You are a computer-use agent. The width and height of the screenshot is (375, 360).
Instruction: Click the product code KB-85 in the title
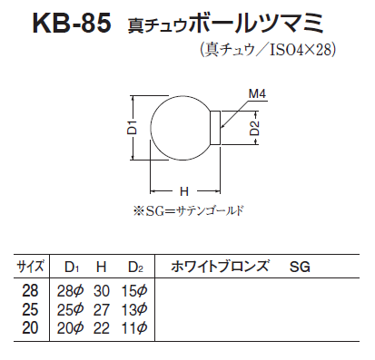pos(72,24)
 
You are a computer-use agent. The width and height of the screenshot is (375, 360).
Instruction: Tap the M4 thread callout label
pos(257,93)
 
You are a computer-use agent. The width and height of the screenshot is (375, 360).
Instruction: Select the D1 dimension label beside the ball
pos(133,127)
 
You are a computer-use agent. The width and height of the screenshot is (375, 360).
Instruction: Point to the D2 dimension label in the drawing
pos(254,128)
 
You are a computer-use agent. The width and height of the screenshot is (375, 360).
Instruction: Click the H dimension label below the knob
pos(184,191)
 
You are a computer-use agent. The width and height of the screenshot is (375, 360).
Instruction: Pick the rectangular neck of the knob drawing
pos(215,128)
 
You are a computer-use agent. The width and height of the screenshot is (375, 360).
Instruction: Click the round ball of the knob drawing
pos(151,128)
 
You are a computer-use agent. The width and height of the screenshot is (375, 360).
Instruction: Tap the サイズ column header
pos(31,267)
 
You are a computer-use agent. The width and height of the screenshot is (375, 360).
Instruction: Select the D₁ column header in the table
pos(72,267)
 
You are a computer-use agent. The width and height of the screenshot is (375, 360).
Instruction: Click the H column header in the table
pos(101,267)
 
